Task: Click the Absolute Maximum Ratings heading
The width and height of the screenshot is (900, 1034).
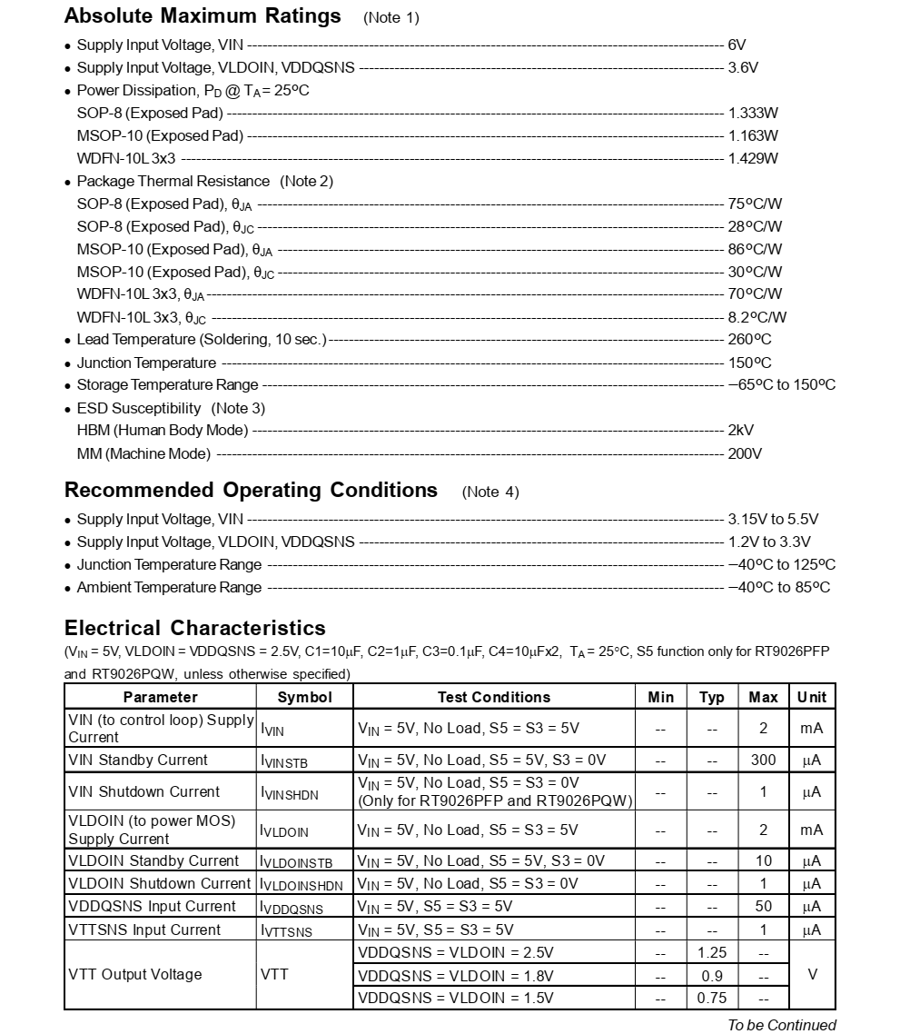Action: [x=203, y=16]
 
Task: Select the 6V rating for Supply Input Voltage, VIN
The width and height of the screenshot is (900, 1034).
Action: [x=737, y=45]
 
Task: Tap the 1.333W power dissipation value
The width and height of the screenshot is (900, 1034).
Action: [x=753, y=113]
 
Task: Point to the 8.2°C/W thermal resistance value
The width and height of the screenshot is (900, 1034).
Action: [x=757, y=317]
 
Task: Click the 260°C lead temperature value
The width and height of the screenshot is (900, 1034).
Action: [x=749, y=340]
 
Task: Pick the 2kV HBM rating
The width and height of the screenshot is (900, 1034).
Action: [x=740, y=431]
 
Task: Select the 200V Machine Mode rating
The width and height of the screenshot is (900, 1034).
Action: [x=745, y=453]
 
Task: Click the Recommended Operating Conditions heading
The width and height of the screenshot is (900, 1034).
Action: [x=251, y=491]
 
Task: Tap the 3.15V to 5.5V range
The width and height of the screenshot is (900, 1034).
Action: [x=773, y=520]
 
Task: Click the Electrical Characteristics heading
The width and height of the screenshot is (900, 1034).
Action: [x=194, y=628]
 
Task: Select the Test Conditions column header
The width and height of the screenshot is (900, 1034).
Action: [x=493, y=697]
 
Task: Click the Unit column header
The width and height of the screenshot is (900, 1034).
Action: [x=812, y=697]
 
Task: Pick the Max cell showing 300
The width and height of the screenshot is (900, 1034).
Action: [x=763, y=760]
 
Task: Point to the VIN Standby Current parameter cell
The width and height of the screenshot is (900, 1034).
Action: [x=138, y=760]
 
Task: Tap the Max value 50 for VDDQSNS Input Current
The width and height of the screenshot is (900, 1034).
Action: [x=763, y=906]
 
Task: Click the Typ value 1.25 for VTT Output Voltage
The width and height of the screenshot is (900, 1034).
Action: [x=712, y=952]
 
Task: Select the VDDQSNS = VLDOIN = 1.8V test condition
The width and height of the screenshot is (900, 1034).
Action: [x=455, y=975]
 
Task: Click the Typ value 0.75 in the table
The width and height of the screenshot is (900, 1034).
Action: [x=712, y=998]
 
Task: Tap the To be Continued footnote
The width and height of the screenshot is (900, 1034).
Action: [x=781, y=1025]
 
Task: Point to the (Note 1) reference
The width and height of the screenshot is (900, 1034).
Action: [x=391, y=18]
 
